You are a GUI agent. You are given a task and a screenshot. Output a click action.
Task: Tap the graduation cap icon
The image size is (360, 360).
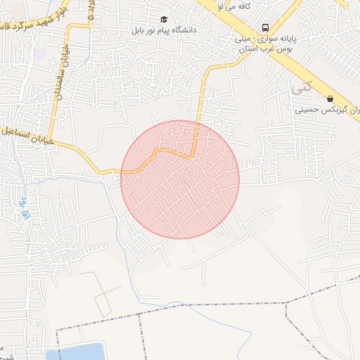(x=165, y=20)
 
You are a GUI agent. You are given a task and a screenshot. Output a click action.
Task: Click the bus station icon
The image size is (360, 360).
(x=264, y=28)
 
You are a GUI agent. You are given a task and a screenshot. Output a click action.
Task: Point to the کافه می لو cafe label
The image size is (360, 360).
(x=236, y=6)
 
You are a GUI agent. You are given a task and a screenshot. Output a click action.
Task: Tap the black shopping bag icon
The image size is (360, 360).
(x=329, y=99)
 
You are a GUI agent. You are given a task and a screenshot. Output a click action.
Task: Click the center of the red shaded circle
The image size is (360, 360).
(x=180, y=179)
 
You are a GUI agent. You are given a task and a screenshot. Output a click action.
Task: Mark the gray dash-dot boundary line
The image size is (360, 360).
(x=211, y=305)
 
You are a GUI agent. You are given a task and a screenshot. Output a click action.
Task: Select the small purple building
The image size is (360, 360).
(x=39, y=53)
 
